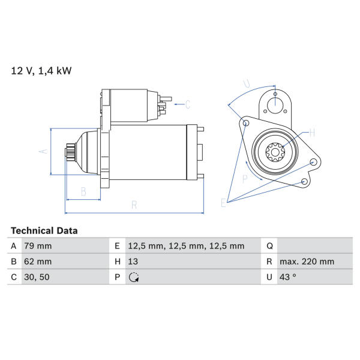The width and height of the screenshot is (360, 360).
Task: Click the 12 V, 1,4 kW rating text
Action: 41,70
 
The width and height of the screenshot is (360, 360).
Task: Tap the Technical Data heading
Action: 44,230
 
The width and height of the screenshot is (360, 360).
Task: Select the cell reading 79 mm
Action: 38,246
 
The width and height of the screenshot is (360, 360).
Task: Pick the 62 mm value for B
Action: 38,262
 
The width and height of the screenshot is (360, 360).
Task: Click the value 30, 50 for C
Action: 37,277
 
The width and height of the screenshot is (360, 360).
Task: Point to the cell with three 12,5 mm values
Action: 186,246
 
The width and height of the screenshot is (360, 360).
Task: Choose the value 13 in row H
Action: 133,262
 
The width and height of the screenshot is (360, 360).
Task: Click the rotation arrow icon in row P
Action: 134,277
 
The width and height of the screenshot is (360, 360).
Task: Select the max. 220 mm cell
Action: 307,262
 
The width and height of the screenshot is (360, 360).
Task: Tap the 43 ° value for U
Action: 287,277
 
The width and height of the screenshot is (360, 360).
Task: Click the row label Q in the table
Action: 269,246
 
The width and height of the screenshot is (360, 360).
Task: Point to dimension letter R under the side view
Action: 134,205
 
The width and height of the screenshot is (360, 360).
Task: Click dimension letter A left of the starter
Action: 43,151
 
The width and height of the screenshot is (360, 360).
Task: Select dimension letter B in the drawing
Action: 83,191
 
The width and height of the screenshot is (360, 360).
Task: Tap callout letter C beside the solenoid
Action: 188,104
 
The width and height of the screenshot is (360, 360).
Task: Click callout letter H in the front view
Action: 312,133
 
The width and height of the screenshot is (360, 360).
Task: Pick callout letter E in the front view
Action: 223,203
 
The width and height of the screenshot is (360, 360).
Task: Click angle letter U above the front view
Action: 247,84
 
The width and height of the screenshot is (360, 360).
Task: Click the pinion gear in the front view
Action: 275,152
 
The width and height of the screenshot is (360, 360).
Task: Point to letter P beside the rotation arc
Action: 245,178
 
